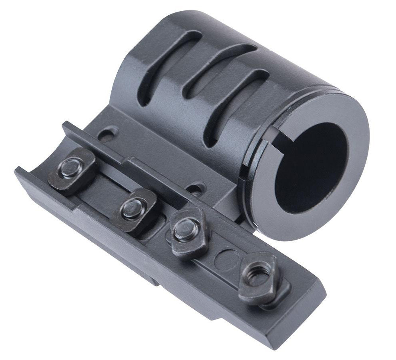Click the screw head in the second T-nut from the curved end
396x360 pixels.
(131, 208)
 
